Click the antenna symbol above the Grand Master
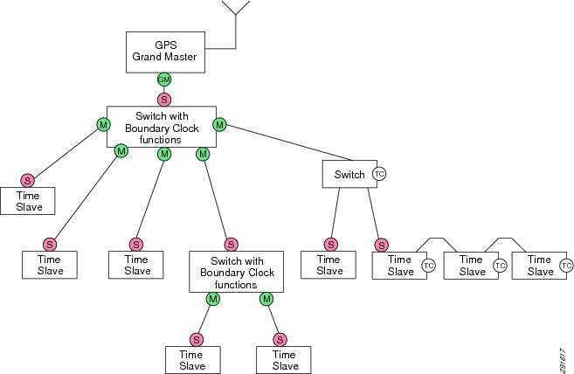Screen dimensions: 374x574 (x=236, y=9)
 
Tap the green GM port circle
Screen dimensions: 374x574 (x=163, y=80)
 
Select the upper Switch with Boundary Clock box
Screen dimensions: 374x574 (x=161, y=127)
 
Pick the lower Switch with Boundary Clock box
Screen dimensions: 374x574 (x=236, y=272)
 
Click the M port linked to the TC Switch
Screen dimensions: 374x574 (x=220, y=125)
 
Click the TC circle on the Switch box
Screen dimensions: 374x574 (x=379, y=174)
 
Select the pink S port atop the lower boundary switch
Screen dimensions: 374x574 (x=231, y=244)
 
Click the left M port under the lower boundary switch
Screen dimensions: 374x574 (x=213, y=300)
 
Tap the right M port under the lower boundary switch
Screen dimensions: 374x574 (x=267, y=300)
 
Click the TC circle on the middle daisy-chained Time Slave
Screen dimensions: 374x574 (x=500, y=265)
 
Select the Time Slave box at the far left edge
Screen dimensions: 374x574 (x=28, y=201)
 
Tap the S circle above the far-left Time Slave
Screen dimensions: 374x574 (x=28, y=180)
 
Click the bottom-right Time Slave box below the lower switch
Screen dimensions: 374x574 (x=285, y=359)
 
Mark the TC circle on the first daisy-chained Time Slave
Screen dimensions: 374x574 (x=428, y=265)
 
